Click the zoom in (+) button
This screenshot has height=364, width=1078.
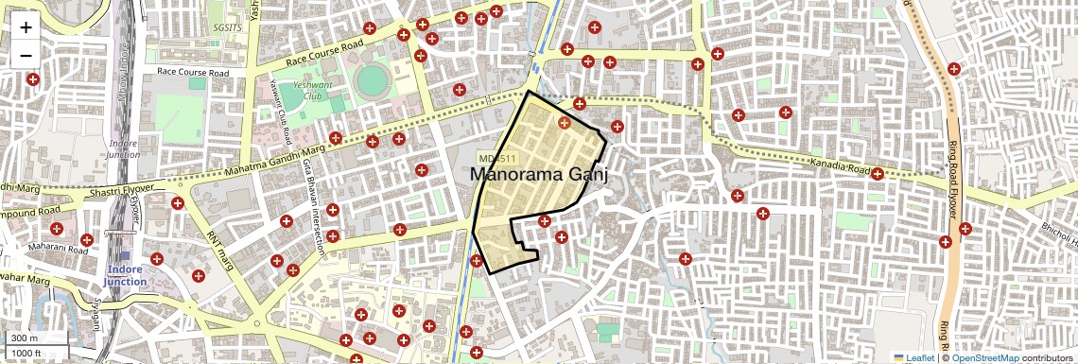26,27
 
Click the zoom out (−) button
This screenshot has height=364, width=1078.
26,54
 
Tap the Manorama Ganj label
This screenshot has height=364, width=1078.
537,175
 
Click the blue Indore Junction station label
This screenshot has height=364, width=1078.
125,276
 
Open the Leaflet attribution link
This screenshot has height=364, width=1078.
914,357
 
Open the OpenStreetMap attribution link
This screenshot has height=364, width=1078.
984,357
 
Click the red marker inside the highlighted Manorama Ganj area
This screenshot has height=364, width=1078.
565,122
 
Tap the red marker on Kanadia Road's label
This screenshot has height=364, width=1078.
878,174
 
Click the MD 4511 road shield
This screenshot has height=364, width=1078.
496,158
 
